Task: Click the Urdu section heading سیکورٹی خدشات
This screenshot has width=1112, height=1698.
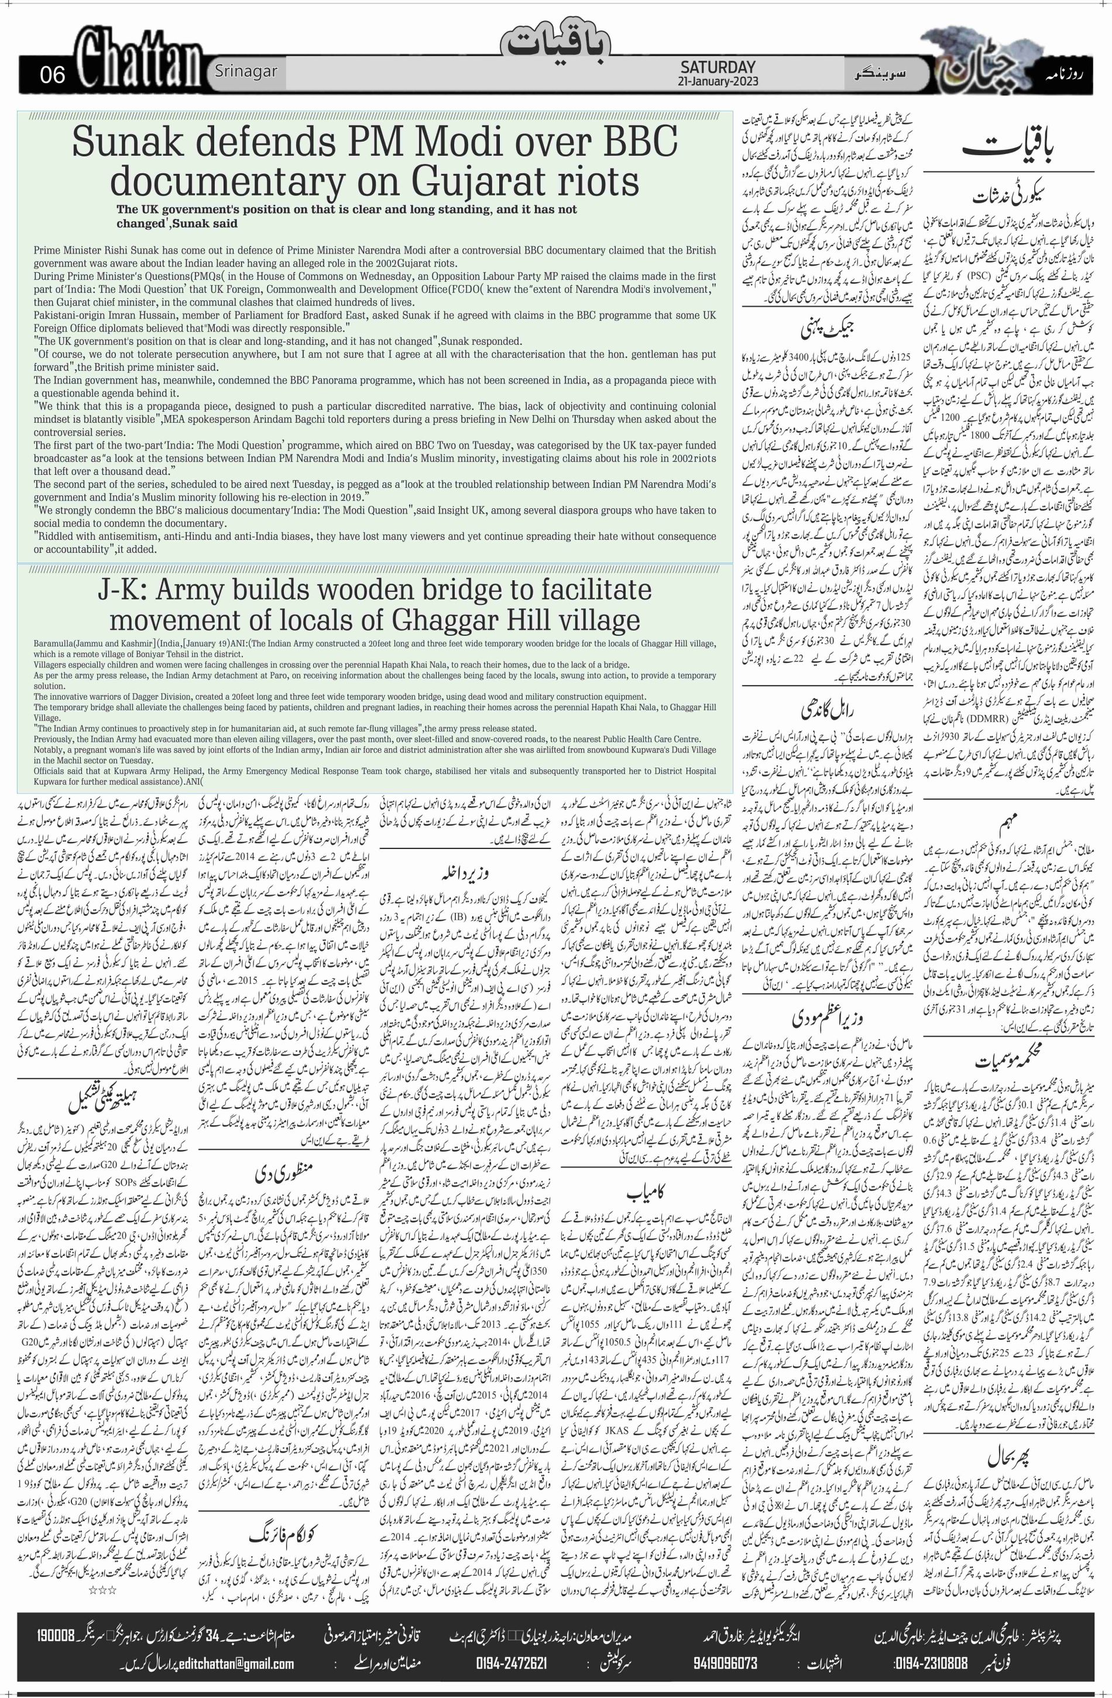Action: [1015, 194]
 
